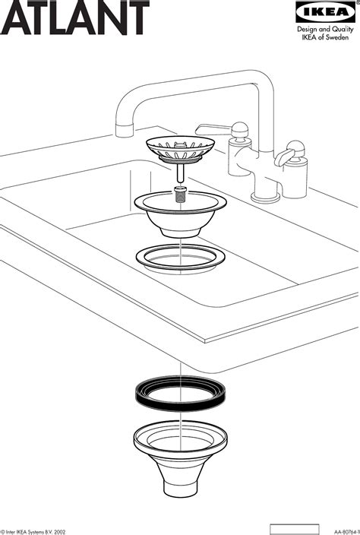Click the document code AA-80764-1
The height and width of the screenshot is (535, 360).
click(x=339, y=530)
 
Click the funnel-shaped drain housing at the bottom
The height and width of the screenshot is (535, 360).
click(x=181, y=448)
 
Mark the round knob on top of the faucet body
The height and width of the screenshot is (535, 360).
click(x=241, y=128)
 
